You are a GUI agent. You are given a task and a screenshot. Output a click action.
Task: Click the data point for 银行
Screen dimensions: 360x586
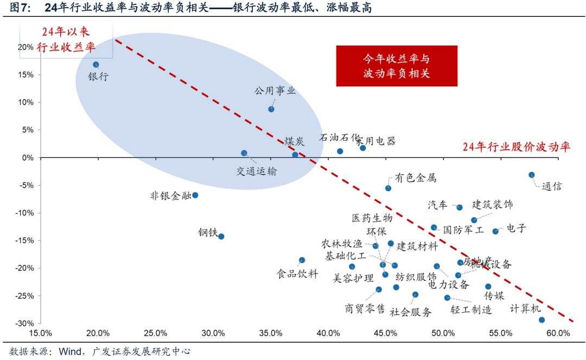tap(96, 65)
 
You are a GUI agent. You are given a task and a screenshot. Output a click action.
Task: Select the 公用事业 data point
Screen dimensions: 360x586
tap(271, 109)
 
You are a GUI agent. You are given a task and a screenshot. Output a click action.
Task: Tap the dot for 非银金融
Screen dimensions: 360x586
tap(195, 195)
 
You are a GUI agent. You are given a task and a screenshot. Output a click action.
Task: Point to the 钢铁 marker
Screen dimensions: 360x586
tap(221, 236)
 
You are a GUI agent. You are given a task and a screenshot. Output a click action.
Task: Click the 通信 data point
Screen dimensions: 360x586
tap(532, 175)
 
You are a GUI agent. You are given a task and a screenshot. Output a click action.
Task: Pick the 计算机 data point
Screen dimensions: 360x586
tap(542, 320)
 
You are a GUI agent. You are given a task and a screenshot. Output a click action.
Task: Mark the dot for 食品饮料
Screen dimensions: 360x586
tap(302, 260)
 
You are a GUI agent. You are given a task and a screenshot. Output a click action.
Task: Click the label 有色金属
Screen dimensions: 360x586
tap(415, 178)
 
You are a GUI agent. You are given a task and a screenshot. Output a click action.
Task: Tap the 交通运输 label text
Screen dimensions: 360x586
tap(257, 171)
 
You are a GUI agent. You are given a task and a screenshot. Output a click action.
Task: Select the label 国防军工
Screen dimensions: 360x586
tap(463, 230)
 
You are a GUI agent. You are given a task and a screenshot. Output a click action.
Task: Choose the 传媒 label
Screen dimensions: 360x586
tap(494, 296)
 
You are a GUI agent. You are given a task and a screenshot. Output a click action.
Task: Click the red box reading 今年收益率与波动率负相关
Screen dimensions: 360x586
tap(397, 66)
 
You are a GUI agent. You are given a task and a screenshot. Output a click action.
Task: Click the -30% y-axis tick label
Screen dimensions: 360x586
tap(24, 323)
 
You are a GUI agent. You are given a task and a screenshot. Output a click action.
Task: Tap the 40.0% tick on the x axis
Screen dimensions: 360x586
tap(328, 333)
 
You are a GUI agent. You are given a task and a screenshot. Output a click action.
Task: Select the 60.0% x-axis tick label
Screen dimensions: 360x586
tap(558, 333)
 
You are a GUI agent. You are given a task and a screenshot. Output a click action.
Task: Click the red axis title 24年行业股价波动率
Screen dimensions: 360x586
tap(516, 147)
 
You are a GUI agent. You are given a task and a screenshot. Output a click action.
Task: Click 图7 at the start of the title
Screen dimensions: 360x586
tap(20, 8)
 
